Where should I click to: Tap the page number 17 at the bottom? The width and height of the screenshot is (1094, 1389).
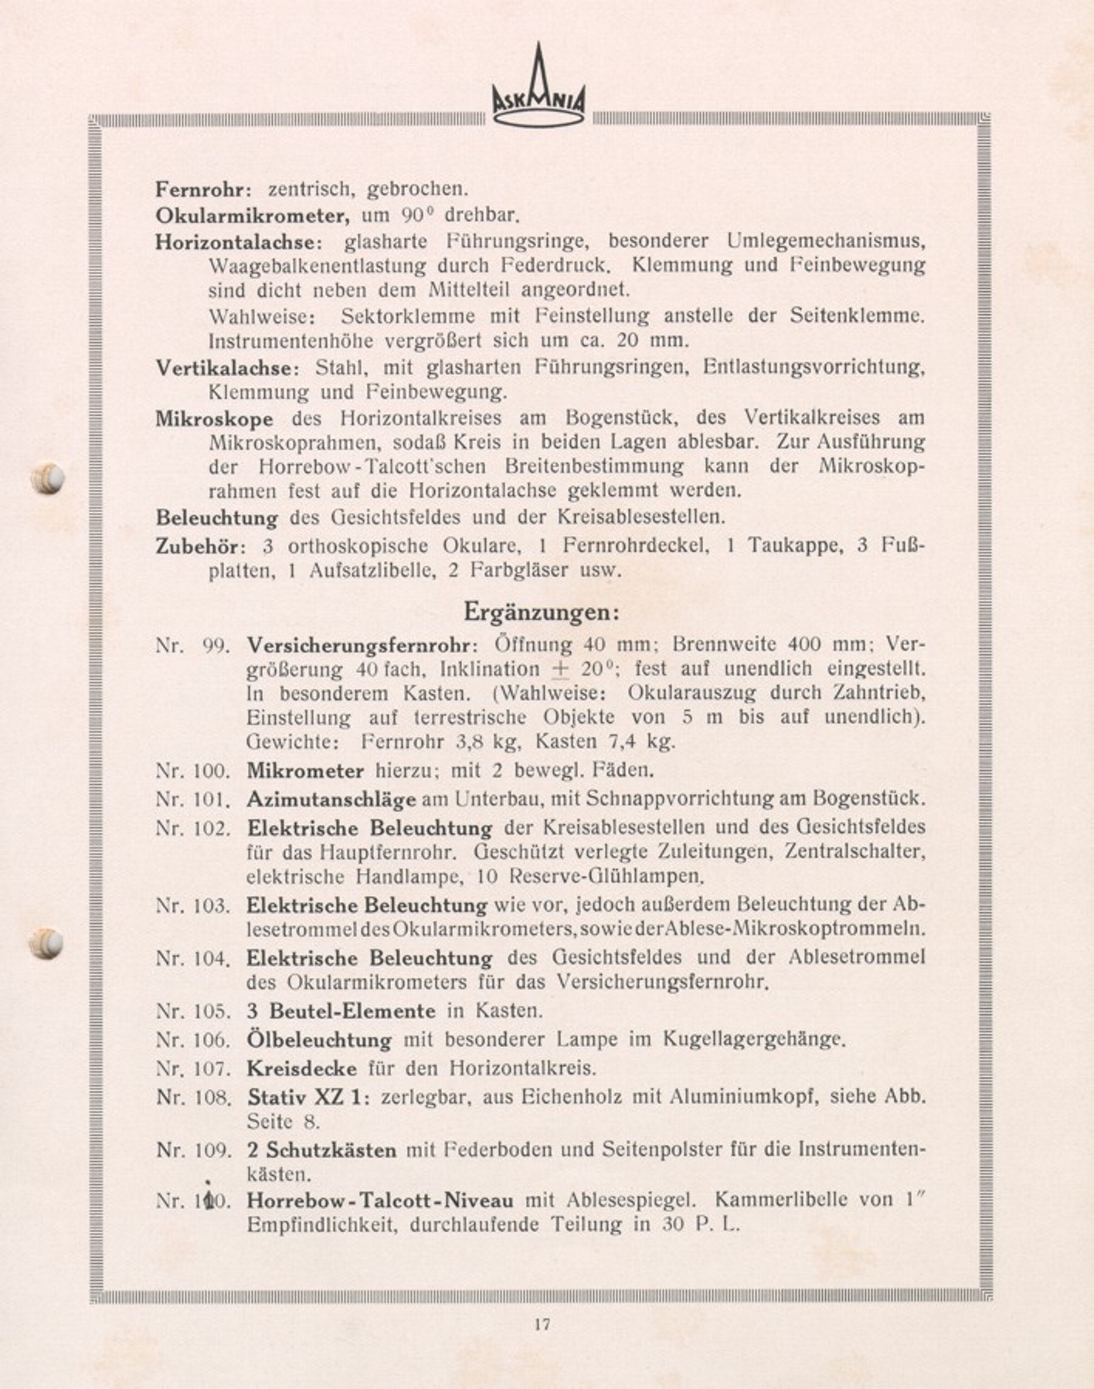click(x=542, y=1324)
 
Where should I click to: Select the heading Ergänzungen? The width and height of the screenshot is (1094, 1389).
click(x=542, y=612)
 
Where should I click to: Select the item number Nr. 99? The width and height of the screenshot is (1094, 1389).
click(x=192, y=645)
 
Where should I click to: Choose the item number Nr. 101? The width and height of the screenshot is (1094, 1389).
click(x=193, y=799)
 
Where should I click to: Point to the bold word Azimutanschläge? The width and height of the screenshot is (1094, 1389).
click(x=331, y=799)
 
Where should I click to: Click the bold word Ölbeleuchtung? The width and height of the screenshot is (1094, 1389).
click(x=319, y=1040)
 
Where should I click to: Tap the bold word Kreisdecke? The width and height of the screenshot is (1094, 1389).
click(x=302, y=1068)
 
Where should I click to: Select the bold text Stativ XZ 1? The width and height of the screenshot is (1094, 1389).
click(x=308, y=1096)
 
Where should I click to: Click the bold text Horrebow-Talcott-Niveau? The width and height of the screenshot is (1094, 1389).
click(x=380, y=1201)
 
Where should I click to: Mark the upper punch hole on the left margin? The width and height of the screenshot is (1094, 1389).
click(x=47, y=478)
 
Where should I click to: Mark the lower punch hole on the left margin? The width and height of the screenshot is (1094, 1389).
click(x=46, y=943)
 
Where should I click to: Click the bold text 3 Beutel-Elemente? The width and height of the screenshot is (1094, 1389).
click(x=341, y=1010)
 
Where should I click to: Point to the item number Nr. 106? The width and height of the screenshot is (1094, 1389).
click(x=193, y=1040)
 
